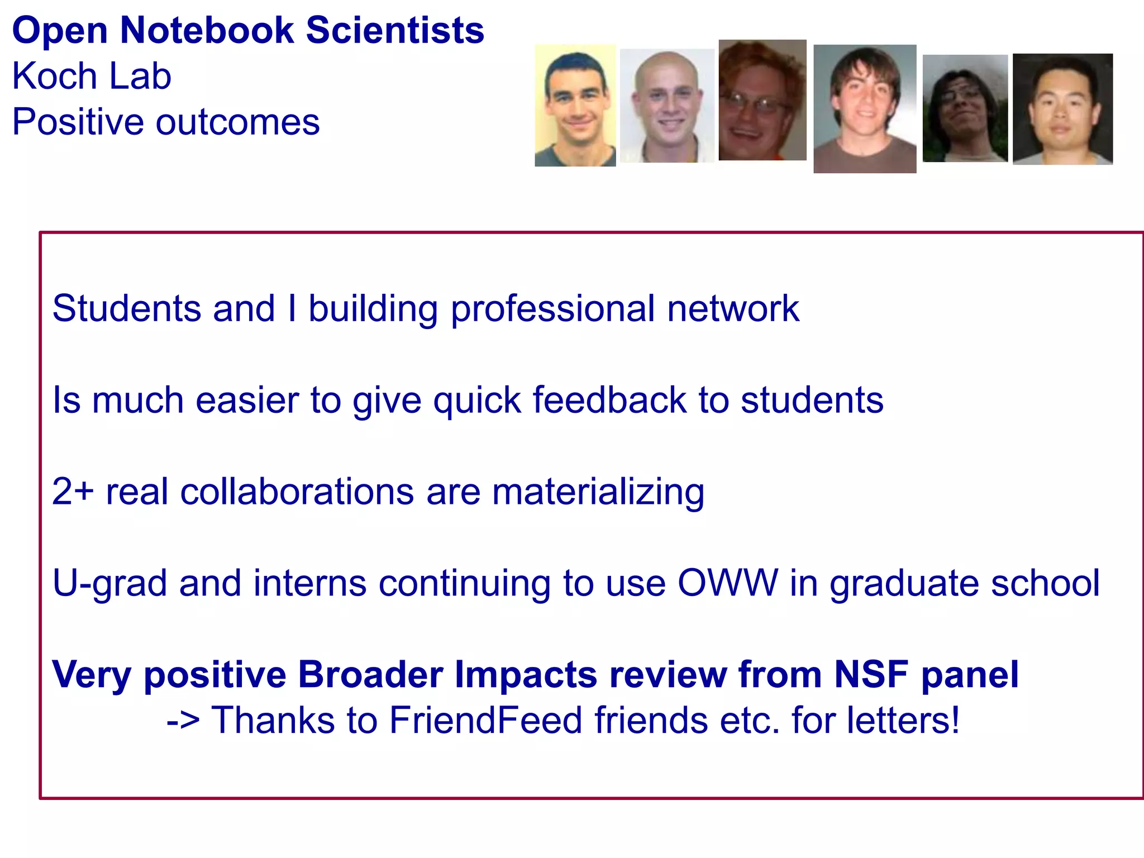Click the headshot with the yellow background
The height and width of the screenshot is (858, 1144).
click(x=575, y=106)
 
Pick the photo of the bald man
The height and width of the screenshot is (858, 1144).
click(x=666, y=106)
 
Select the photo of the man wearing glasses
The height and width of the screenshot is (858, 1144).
click(x=762, y=101)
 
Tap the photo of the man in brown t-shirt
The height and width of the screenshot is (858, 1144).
click(x=864, y=109)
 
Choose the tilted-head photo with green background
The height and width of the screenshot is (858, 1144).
click(x=965, y=108)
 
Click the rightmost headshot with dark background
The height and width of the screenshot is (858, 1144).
click(x=1062, y=109)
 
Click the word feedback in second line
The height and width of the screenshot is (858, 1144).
click(x=609, y=401)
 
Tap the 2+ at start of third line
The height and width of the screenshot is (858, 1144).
click(x=73, y=492)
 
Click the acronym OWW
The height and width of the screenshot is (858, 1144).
click(x=727, y=583)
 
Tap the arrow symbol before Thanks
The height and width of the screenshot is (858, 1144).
click(x=183, y=721)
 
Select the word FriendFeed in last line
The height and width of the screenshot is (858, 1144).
click(x=486, y=720)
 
